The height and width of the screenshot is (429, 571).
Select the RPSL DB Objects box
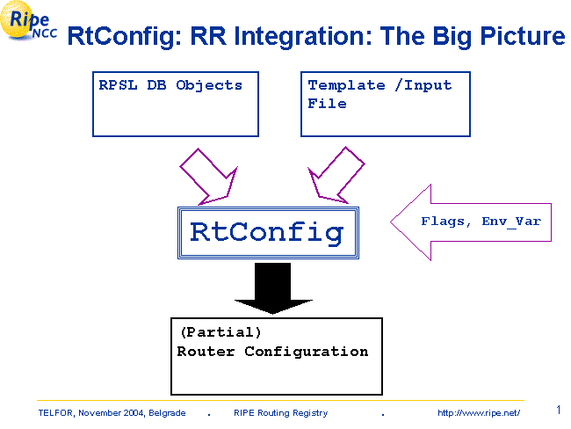pyautogui.click(x=176, y=105)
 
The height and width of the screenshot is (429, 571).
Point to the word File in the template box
pyautogui.click(x=327, y=104)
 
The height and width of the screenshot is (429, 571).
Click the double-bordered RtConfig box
pyautogui.click(x=267, y=232)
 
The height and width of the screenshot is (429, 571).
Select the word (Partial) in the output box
pyautogui.click(x=220, y=332)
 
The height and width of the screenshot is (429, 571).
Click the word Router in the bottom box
pyautogui.click(x=206, y=352)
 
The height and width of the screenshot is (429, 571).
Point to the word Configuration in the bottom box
pyautogui.click(x=307, y=352)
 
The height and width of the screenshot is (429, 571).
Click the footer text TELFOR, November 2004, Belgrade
pyautogui.click(x=112, y=413)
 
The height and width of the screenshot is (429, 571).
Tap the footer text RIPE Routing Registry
pyautogui.click(x=280, y=413)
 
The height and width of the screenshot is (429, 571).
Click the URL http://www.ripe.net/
pyautogui.click(x=479, y=413)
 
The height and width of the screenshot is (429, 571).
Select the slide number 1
pyautogui.click(x=559, y=410)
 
